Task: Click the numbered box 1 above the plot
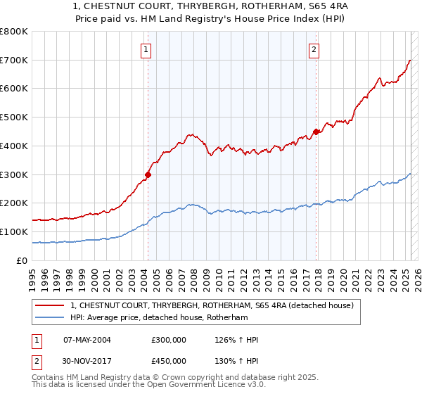[x=145, y=49]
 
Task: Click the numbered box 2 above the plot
[x=313, y=49]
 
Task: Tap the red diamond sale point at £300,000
[x=148, y=174]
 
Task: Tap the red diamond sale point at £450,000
[x=316, y=131]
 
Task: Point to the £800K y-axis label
[x=14, y=32]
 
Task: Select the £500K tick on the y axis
[x=14, y=117]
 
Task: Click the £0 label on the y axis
[x=23, y=260]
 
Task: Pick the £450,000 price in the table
[x=169, y=361]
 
